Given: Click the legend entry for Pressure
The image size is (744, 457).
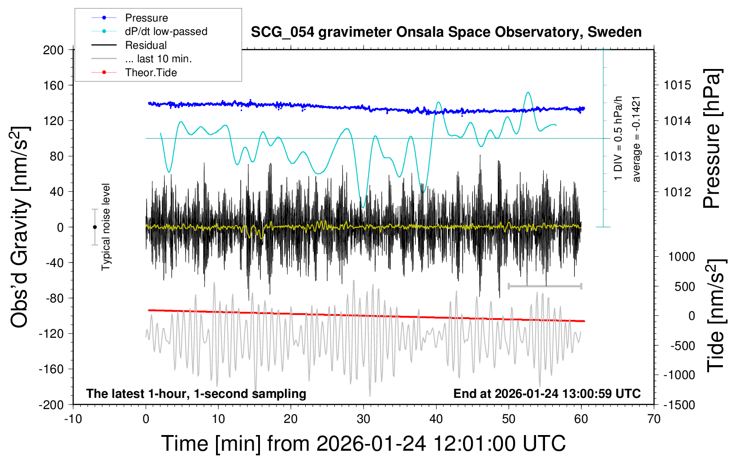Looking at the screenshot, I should [146, 18].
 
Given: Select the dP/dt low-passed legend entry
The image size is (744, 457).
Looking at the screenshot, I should [166, 31].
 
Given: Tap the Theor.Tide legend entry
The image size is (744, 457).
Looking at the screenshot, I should [151, 73].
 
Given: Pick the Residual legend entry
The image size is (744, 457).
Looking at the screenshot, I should [146, 45].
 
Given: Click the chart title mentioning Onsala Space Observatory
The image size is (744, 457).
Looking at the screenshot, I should [446, 32].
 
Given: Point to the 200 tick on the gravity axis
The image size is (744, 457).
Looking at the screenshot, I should [53, 50].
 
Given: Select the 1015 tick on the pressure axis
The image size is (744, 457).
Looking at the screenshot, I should [677, 85].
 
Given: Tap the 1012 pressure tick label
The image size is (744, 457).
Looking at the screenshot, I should [677, 192].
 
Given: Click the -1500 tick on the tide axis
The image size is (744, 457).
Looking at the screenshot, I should [679, 405].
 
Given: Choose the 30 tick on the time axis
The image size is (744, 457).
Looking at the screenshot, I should [363, 419].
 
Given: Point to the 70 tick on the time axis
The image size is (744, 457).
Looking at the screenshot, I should [654, 419].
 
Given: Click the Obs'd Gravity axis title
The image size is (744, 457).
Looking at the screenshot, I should [20, 227].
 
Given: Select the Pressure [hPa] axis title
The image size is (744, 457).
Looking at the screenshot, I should [712, 139].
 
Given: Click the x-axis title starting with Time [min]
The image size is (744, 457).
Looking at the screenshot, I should [363, 444].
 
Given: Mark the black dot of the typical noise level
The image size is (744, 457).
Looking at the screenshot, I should [95, 227].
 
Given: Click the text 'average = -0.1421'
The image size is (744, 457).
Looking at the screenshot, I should [636, 139].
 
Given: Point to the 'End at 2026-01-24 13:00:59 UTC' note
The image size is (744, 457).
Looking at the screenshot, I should [547, 394].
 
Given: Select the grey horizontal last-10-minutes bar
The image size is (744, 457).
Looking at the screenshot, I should [545, 286].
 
